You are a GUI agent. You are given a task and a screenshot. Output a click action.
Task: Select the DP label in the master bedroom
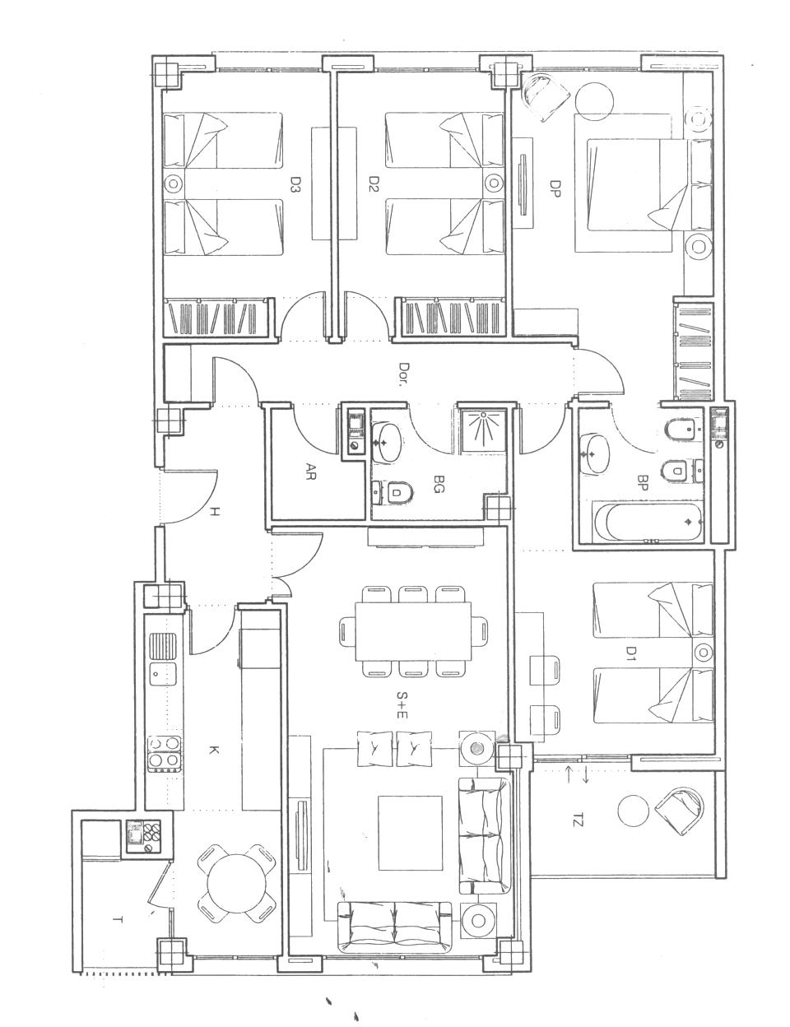[555, 188]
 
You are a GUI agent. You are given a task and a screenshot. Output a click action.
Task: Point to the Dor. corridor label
[403, 374]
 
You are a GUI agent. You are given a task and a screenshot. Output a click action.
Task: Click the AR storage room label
[311, 471]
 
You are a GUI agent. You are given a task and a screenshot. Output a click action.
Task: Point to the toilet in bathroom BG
[393, 494]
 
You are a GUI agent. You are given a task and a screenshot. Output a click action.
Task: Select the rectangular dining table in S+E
[413, 631]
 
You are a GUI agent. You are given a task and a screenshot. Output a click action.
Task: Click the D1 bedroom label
[630, 653]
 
